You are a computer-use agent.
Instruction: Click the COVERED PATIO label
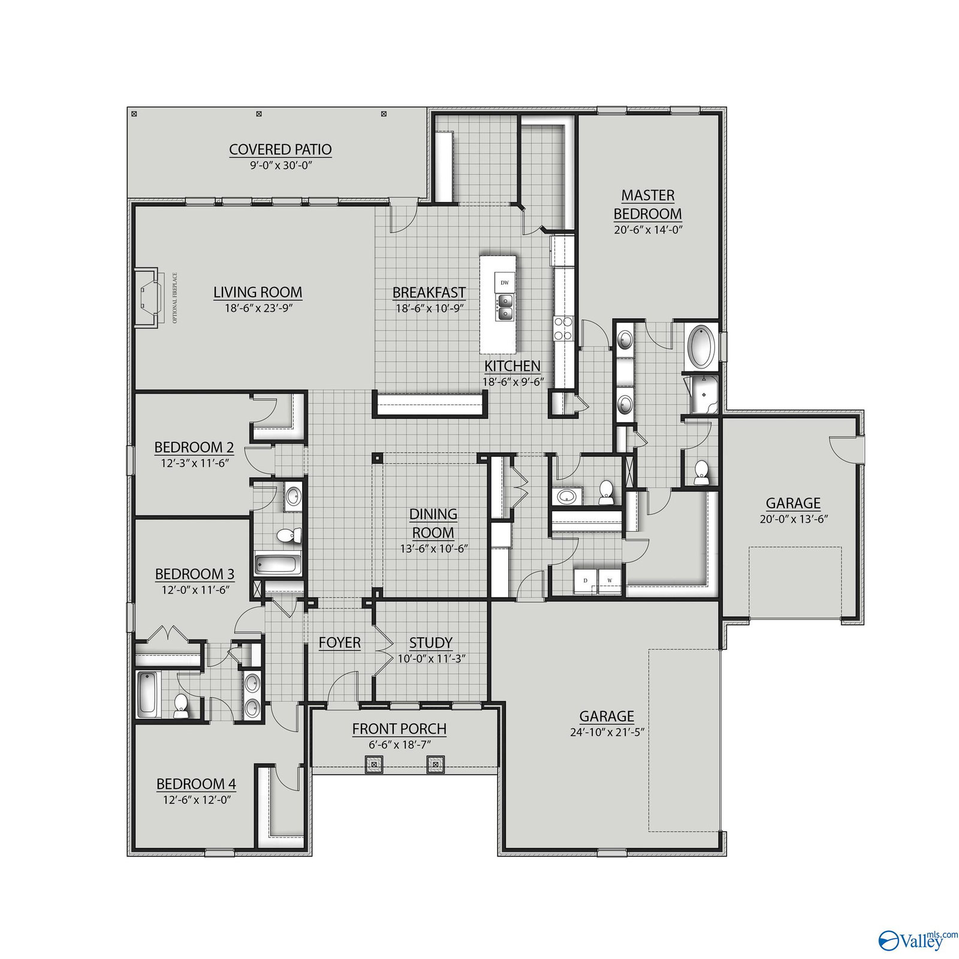point(281,149)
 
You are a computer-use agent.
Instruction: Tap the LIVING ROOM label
point(258,292)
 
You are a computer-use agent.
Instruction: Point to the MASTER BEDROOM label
point(648,204)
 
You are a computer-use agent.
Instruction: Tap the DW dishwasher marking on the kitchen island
point(504,282)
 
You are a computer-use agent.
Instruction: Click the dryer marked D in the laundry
point(584,580)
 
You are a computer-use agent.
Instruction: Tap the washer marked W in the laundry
point(610,580)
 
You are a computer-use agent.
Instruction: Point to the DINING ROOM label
point(433,523)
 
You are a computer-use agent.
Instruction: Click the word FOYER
point(340,643)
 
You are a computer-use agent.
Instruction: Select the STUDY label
point(430,643)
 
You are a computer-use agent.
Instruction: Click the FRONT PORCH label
point(399,729)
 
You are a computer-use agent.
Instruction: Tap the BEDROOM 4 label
point(197,784)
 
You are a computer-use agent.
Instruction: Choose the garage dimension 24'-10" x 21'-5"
point(607,732)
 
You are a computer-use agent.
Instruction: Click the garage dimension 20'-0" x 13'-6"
point(793,519)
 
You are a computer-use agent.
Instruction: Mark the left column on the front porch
point(375,764)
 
